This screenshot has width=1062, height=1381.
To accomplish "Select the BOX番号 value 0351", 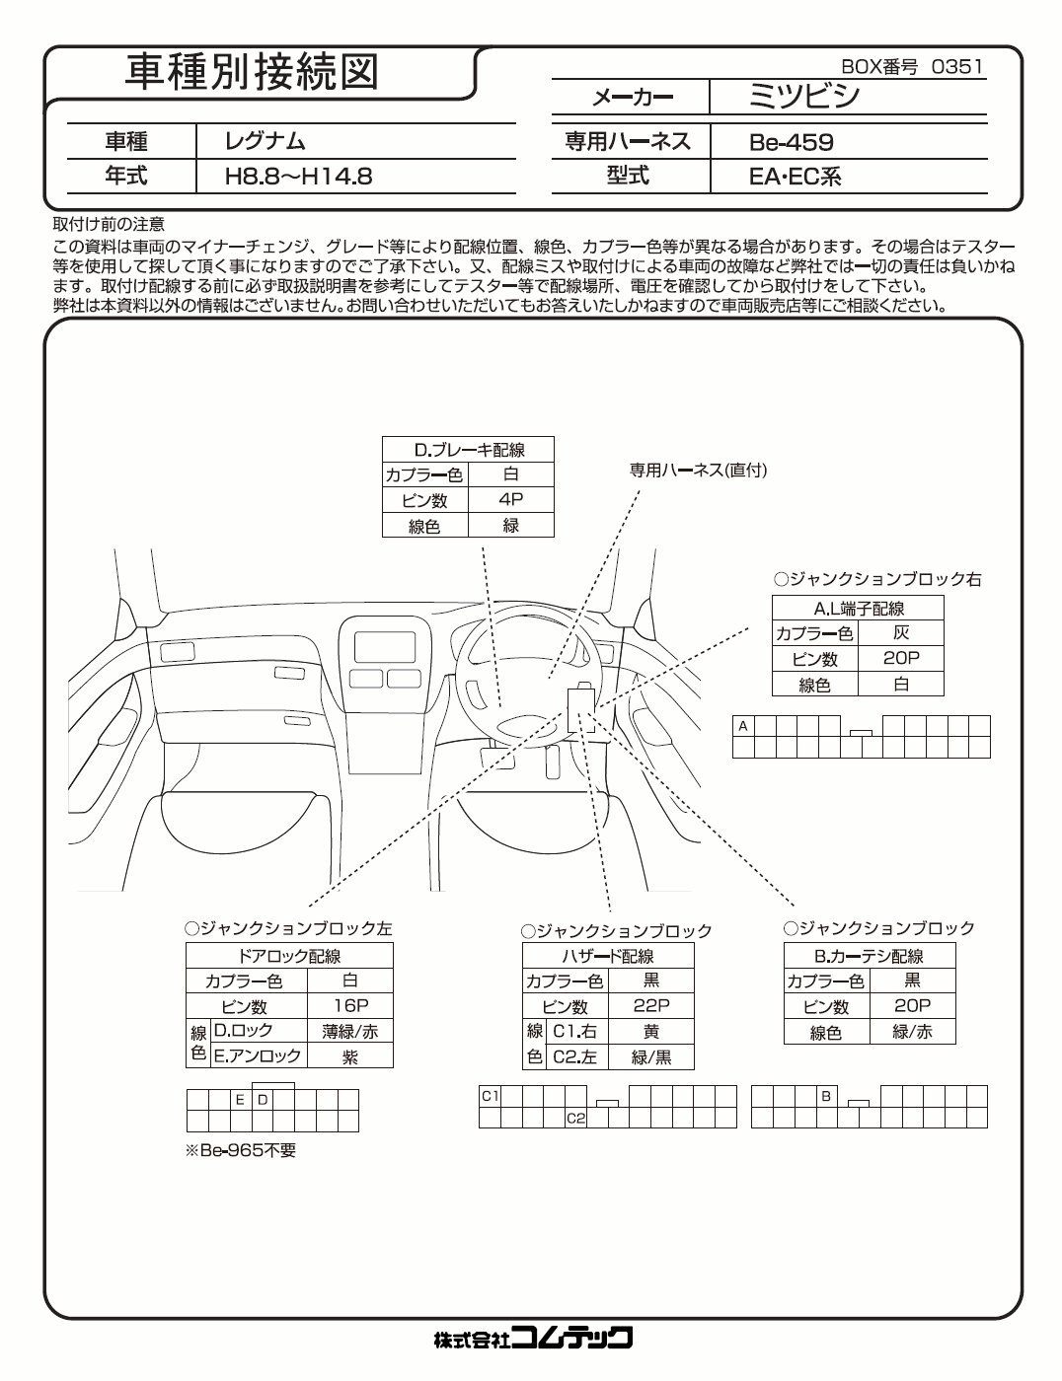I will pyautogui.click(x=957, y=67).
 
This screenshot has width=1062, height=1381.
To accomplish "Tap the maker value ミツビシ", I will pyautogui.click(x=804, y=97).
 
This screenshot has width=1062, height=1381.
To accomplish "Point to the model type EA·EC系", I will pyautogui.click(x=795, y=178).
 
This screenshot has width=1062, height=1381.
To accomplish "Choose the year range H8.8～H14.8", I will pyautogui.click(x=299, y=178).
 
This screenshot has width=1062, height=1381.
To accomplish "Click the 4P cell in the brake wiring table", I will pyautogui.click(x=510, y=500).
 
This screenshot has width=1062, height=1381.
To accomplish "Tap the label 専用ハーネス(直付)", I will pyautogui.click(x=698, y=471).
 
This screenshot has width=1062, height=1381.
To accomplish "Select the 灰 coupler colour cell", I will pyautogui.click(x=900, y=633).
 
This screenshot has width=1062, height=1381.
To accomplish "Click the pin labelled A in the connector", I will pyautogui.click(x=743, y=726).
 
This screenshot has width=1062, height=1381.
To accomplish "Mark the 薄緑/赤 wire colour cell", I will pyautogui.click(x=350, y=1031).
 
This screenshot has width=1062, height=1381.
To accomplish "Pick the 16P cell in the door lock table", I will pyautogui.click(x=350, y=1005).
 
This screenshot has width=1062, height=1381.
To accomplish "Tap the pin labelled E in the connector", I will pyautogui.click(x=240, y=1099).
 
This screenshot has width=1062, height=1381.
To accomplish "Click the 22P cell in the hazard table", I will pyautogui.click(x=651, y=1005).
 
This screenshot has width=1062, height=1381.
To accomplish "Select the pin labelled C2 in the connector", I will pyautogui.click(x=575, y=1118).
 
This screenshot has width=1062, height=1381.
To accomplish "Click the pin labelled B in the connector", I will pyautogui.click(x=827, y=1096).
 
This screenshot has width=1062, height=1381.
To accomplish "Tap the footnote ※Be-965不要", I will pyautogui.click(x=241, y=1150).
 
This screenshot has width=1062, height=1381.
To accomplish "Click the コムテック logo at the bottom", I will pyautogui.click(x=532, y=1338).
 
